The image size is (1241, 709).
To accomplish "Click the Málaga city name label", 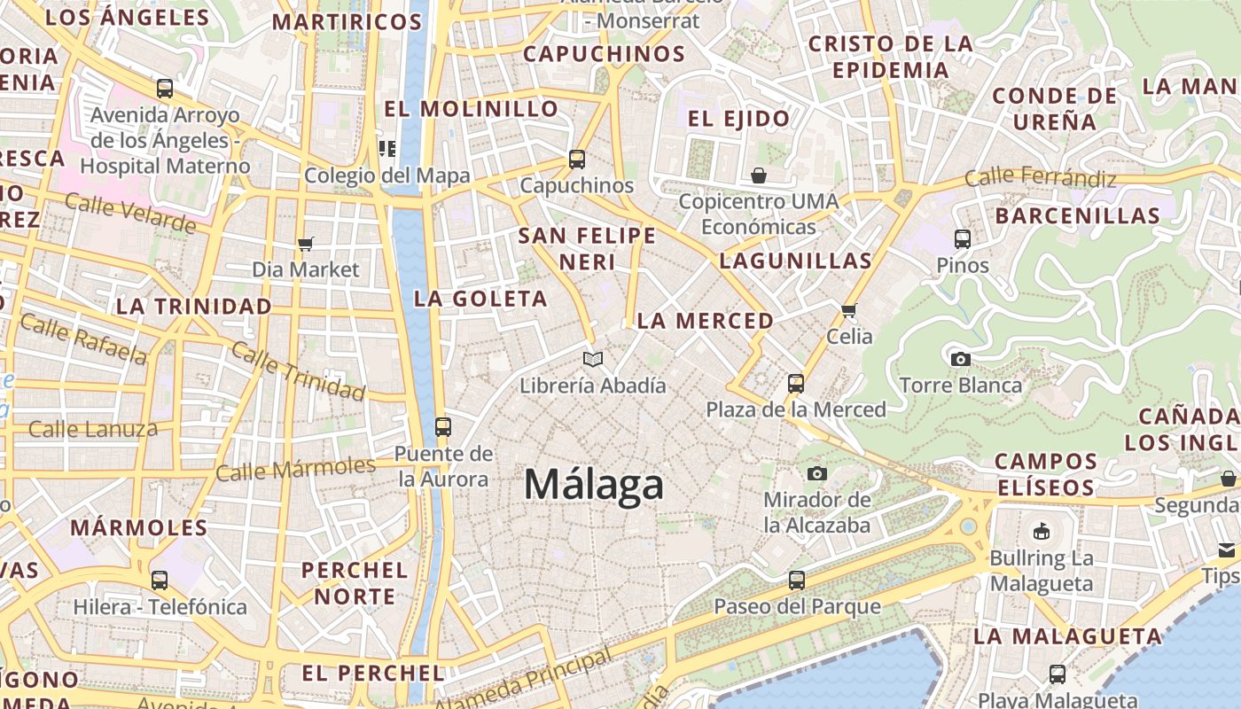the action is pos(593,486).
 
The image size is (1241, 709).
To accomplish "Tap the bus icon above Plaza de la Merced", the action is pos(796,384).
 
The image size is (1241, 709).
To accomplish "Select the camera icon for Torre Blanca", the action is pos(960,359).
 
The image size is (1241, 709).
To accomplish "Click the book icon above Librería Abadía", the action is pos(593,359).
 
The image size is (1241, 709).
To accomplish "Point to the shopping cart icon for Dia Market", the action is pos(306,244).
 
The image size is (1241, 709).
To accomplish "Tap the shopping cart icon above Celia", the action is pos(849,310).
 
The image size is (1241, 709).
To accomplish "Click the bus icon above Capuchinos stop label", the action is pos(577,160).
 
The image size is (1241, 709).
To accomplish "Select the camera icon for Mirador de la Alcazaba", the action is pos(817,474).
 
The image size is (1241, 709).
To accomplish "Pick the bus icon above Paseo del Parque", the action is pos(797,580).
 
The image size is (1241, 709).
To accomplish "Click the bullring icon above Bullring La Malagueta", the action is pos(1042,532).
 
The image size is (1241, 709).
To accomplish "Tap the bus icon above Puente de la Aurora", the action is pos(443,427).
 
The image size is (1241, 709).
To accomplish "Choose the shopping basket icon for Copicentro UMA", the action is pos(758,175).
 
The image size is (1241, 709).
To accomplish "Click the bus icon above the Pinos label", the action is pos(963,238).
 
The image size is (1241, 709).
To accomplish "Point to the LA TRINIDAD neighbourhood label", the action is pos(194,307).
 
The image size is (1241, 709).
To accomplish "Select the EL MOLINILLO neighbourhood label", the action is pos(471,109).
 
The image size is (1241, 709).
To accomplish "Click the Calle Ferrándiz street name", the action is pos(1041,177).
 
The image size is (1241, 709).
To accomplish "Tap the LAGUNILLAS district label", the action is pos(795,261).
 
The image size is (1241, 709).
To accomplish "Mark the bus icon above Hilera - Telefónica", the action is pos(160,580).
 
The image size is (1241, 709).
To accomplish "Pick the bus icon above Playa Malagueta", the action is pos(1058,674).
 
